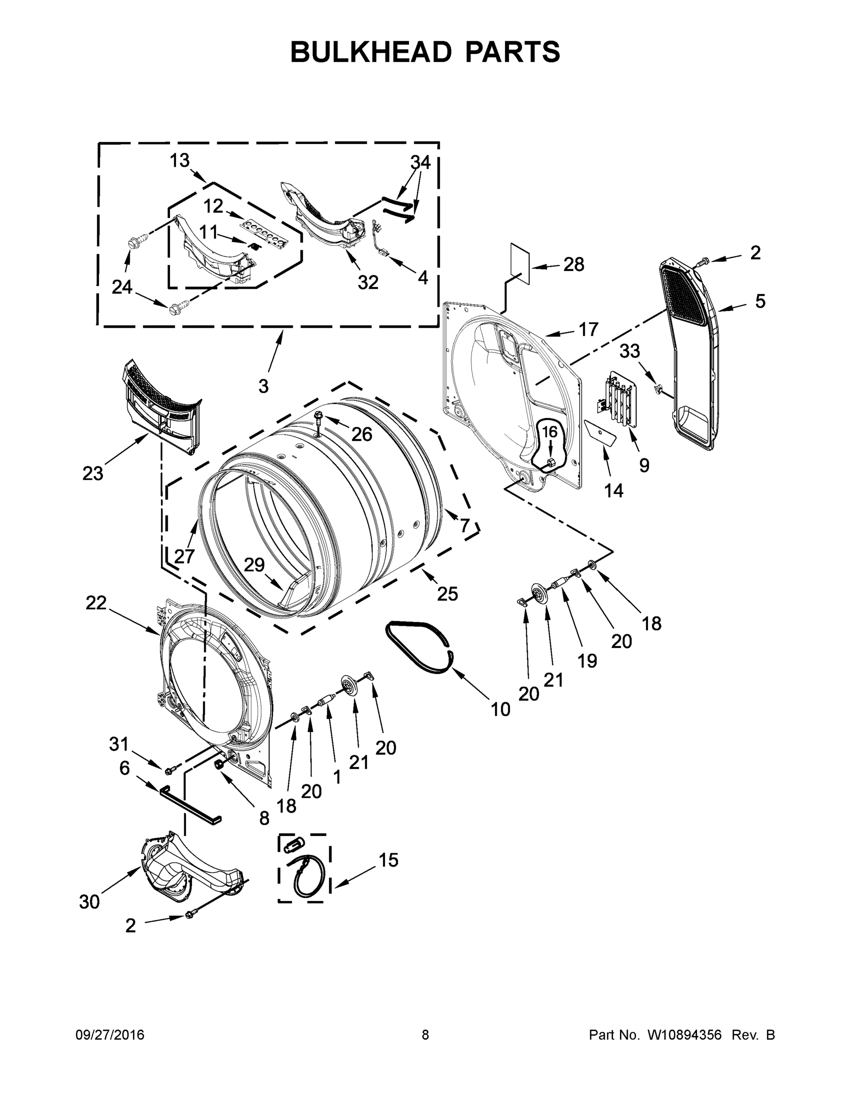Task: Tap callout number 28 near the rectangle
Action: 573,264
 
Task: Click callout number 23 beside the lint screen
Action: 93,473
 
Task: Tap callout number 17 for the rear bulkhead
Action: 587,330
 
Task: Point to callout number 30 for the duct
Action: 89,902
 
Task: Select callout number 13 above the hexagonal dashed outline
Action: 179,161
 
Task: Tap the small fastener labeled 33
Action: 658,388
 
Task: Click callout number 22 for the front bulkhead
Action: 96,602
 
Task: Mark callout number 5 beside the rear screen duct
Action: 759,301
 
